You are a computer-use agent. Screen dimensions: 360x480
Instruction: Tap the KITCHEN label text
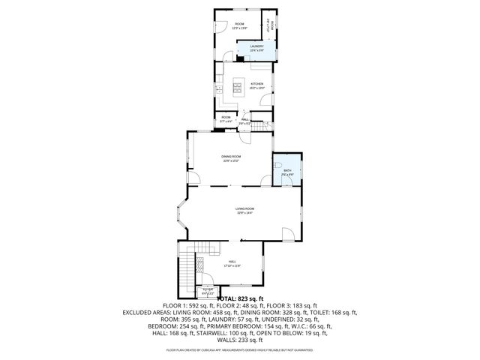(256, 85)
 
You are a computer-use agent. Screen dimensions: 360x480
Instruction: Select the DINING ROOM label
(230, 157)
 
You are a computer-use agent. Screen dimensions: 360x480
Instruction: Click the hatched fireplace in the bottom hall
(200, 265)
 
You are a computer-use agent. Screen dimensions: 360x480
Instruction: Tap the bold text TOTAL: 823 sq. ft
(240, 298)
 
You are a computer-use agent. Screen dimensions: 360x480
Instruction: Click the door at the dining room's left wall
(192, 177)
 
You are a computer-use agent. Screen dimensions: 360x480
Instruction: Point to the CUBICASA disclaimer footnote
(240, 350)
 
